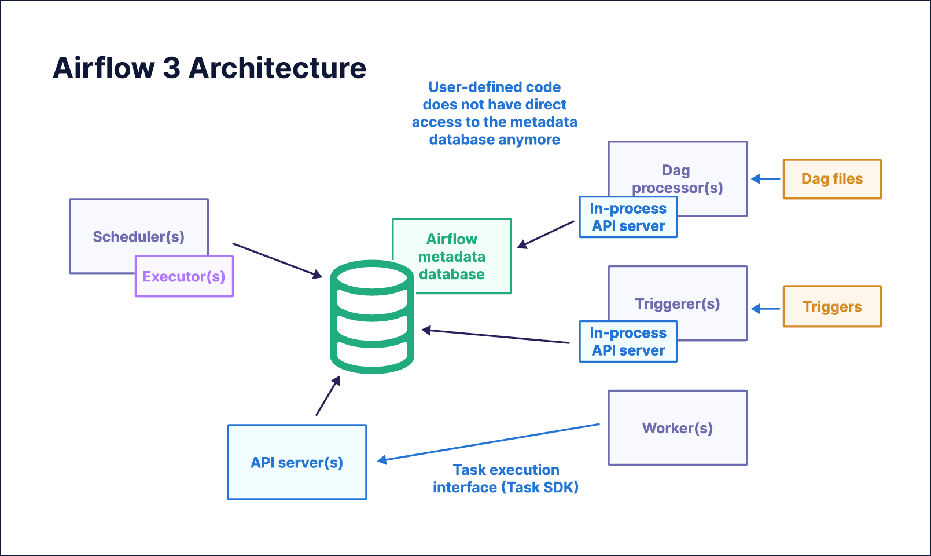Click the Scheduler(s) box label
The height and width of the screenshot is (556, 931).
(x=138, y=236)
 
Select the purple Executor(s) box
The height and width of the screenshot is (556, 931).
(x=184, y=276)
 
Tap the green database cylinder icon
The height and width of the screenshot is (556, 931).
(x=372, y=317)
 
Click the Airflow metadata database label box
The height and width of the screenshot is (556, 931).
(x=452, y=256)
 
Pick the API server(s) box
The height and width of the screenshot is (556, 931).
(x=297, y=462)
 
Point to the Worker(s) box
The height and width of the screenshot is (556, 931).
(x=678, y=427)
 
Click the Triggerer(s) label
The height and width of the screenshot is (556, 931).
(x=678, y=303)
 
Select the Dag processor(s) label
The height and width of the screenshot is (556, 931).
(x=677, y=179)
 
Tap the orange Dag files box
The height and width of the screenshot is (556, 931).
(x=832, y=179)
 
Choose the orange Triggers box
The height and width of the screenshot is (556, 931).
(x=832, y=306)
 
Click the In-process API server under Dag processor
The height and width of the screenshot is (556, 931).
(x=628, y=217)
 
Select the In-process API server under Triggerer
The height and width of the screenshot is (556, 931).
(x=628, y=342)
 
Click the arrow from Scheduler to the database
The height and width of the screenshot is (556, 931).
(x=277, y=261)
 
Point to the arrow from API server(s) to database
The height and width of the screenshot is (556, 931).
(x=327, y=396)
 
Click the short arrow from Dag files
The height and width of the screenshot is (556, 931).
(x=766, y=179)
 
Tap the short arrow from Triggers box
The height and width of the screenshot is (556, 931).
(x=766, y=309)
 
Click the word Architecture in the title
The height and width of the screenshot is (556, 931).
(x=278, y=68)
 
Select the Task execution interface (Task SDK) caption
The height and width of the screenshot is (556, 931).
(x=506, y=478)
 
